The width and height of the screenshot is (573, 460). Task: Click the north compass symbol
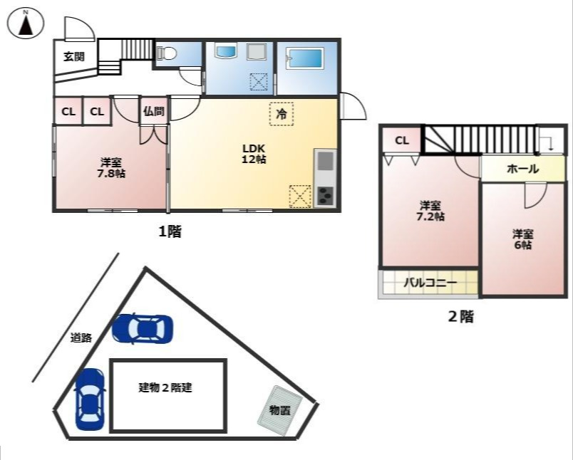tap(25, 23)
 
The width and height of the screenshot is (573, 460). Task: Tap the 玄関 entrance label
tap(74, 56)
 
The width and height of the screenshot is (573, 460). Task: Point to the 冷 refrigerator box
tap(282, 114)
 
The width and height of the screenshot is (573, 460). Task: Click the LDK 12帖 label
tap(254, 154)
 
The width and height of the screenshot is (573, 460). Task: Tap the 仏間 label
tap(153, 111)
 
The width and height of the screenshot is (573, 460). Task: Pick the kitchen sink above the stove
tap(324, 161)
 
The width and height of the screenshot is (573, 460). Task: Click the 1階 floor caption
tap(169, 231)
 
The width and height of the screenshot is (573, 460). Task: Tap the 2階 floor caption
tap(460, 317)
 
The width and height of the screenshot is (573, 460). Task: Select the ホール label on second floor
tap(522, 169)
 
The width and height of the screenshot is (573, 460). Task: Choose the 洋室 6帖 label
tap(522, 239)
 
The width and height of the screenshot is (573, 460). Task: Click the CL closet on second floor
tap(402, 140)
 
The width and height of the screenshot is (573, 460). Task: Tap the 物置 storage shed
tap(279, 411)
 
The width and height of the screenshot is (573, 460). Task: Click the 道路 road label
tap(81, 338)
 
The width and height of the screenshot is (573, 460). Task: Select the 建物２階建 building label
tap(165, 388)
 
